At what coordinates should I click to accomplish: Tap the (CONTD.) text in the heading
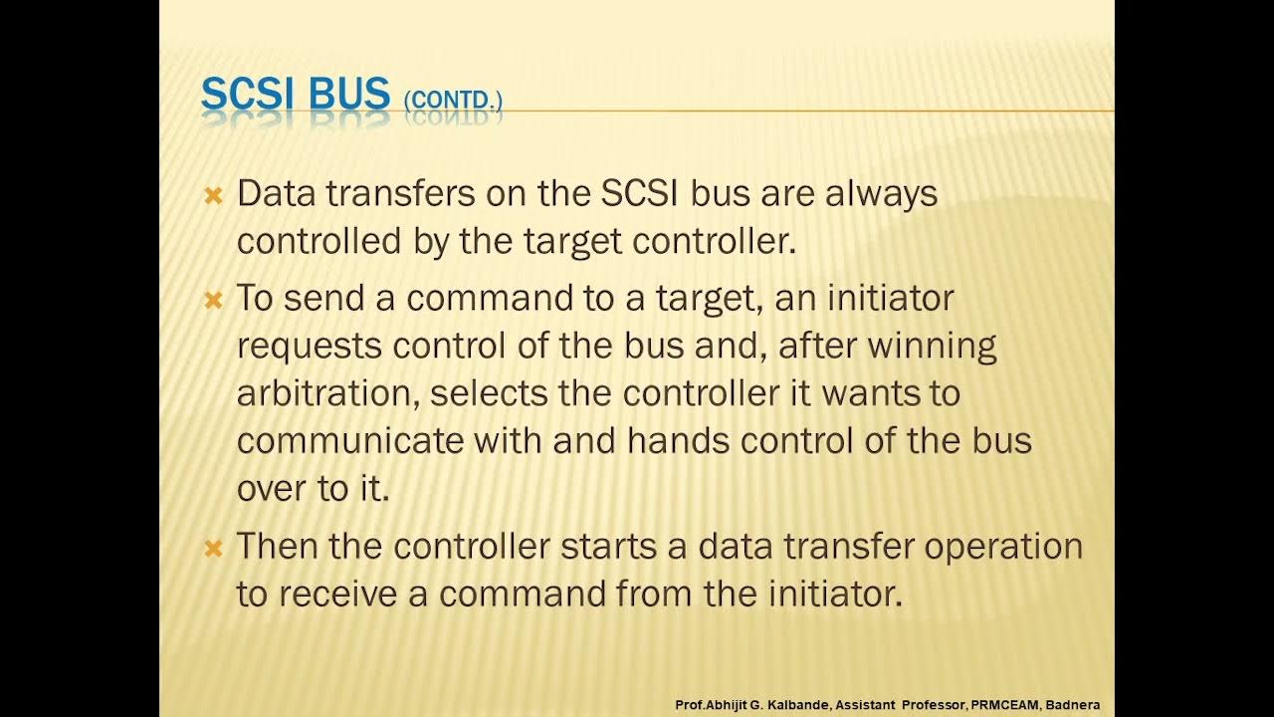(453, 101)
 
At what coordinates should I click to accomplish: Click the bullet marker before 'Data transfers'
(212, 195)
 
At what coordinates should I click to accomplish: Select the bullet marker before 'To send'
(212, 300)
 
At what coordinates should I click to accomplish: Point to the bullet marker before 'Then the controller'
(212, 549)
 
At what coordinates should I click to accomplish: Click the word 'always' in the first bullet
(881, 194)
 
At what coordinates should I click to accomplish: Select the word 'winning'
(933, 346)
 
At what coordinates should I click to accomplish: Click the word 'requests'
(310, 347)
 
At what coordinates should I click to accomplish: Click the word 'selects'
(489, 393)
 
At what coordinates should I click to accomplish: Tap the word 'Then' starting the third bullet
(274, 547)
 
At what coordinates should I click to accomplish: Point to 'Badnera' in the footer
(1072, 705)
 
